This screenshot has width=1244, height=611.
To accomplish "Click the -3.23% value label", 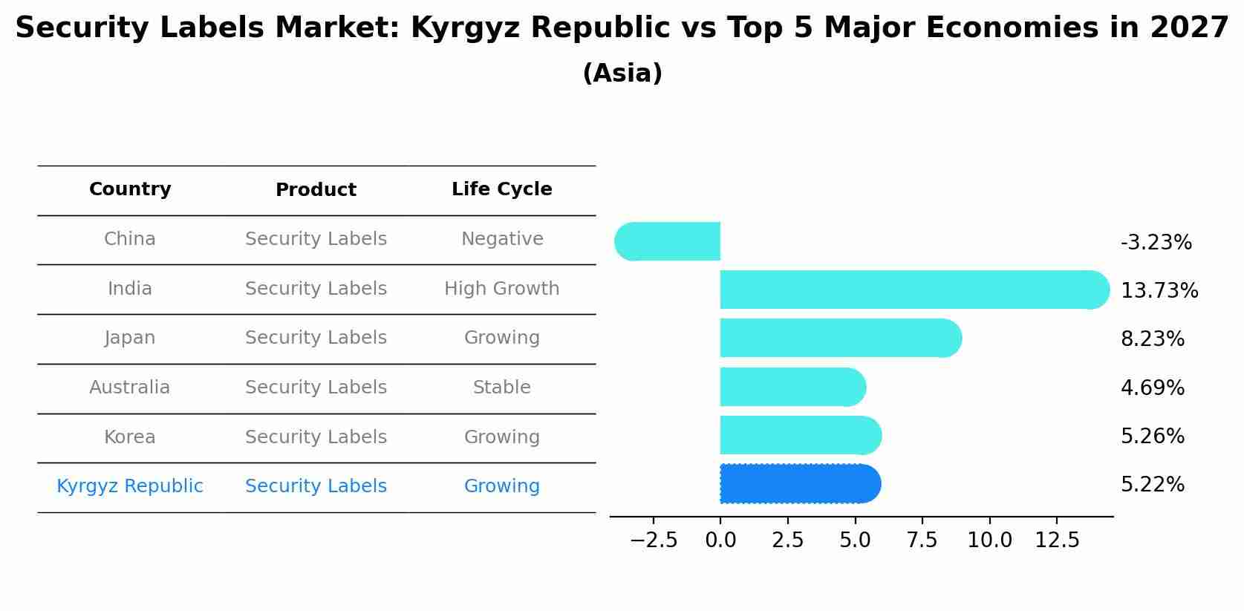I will pos(1156,243).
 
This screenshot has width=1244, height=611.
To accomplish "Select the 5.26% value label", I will pos(1152,436).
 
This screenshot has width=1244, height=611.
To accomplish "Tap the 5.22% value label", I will pos(1152,485).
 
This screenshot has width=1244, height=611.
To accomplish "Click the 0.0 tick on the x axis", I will pos(720,540).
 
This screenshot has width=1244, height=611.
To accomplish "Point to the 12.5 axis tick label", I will pos(1057,540).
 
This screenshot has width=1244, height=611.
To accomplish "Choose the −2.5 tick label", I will pos(654,540).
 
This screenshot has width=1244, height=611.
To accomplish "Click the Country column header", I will pos(130,189).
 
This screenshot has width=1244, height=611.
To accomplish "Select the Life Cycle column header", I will pos(501,189).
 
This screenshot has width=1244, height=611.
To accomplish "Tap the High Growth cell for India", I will pos(501,289).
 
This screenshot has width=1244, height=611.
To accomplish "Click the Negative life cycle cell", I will pos(501,239).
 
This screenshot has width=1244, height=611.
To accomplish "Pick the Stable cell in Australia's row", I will pos(501,388).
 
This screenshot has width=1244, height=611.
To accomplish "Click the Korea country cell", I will pos(130,437).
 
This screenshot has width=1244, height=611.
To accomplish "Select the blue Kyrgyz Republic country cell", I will pos(130,486).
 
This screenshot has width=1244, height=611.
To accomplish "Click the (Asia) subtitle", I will pos(622,73).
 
